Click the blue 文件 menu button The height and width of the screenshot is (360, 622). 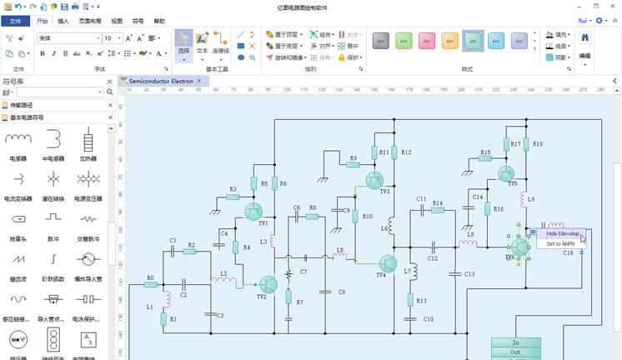(x=15, y=21)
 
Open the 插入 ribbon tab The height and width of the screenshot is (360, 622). (x=63, y=21)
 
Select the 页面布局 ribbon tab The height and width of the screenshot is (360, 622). (x=90, y=21)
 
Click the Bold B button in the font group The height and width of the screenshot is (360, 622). (x=43, y=53)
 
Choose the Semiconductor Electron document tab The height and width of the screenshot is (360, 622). (x=163, y=82)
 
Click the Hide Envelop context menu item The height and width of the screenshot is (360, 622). (x=563, y=234)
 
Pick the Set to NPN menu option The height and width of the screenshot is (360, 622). (x=560, y=244)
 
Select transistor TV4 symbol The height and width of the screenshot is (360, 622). (x=386, y=264)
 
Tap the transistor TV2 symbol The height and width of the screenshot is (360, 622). (x=268, y=286)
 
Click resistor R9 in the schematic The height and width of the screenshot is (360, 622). (x=353, y=164)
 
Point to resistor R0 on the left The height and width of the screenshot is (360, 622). (x=150, y=284)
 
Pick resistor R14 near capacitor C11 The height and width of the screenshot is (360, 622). (x=438, y=209)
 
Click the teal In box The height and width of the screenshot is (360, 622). (x=515, y=342)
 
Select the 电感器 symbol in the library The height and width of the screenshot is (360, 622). (x=18, y=139)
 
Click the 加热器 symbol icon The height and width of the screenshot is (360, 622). (x=88, y=139)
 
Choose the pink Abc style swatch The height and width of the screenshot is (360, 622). (x=426, y=40)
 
